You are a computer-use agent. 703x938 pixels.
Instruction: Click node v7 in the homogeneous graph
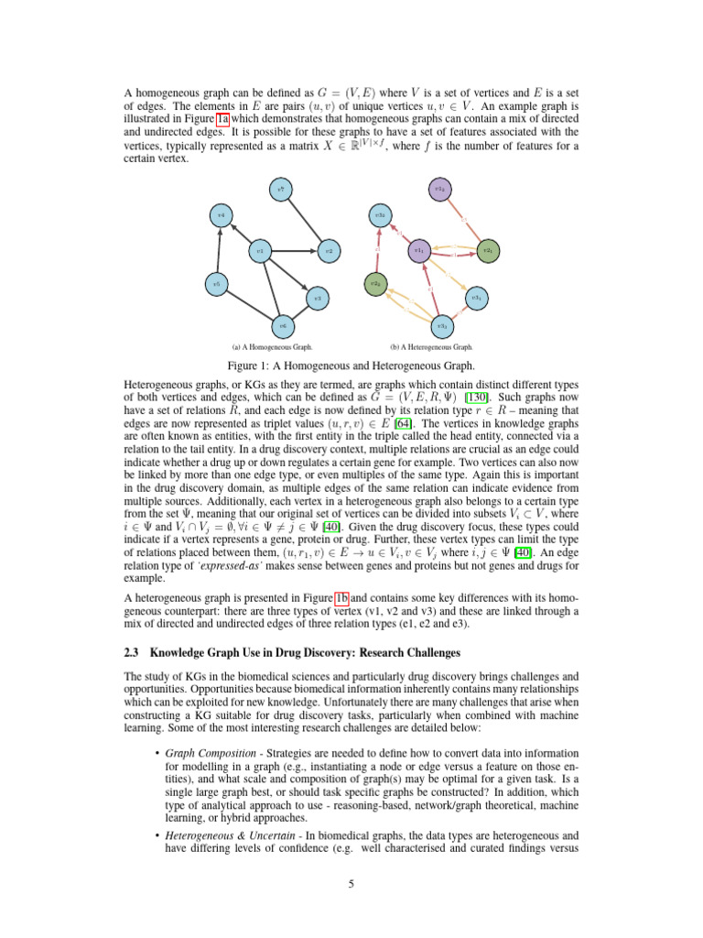pyautogui.click(x=284, y=190)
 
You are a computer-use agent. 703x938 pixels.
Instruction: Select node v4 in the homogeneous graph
pyautogui.click(x=220, y=215)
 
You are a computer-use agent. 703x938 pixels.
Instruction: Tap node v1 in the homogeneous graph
pyautogui.click(x=260, y=249)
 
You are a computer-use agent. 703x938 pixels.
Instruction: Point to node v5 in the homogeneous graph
pyautogui.click(x=216, y=284)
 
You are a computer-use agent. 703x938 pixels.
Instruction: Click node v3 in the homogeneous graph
pyautogui.click(x=316, y=298)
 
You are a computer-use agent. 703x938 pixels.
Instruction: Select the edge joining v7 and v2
pyautogui.click(x=306, y=220)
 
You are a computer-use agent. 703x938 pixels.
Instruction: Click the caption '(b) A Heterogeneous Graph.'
pyautogui.click(x=431, y=348)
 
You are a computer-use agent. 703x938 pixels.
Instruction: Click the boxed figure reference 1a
pyautogui.click(x=222, y=118)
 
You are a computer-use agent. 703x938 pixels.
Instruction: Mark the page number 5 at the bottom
pyautogui.click(x=351, y=883)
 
